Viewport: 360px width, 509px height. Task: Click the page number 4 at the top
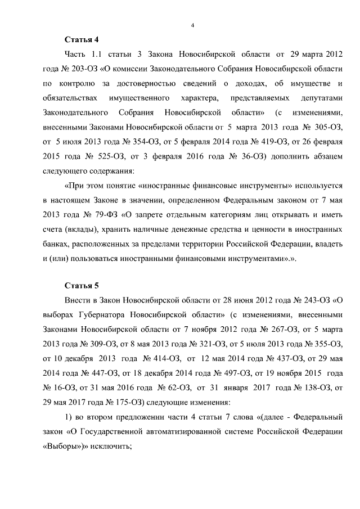pyautogui.click(x=192, y=25)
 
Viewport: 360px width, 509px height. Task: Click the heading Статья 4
pyautogui.click(x=82, y=40)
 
